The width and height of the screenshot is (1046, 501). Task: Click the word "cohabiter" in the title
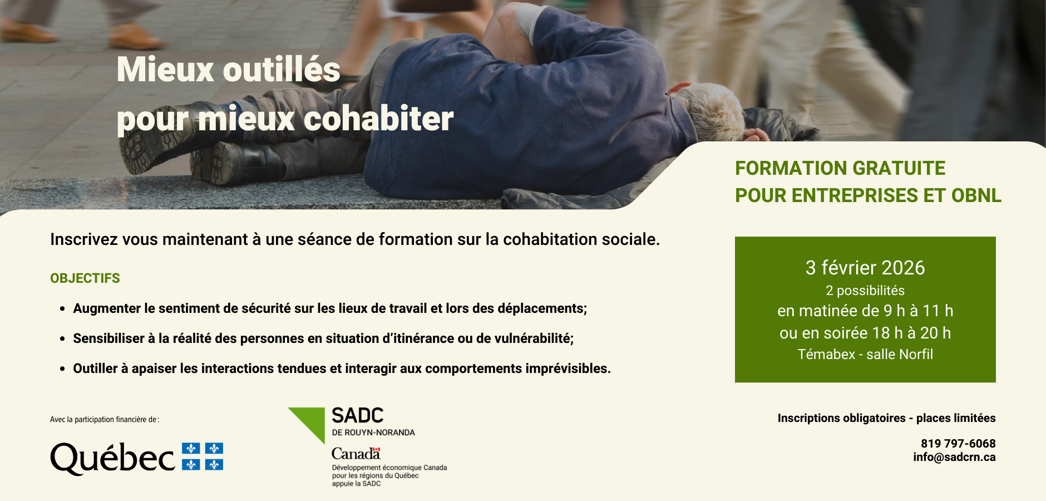pos(378,119)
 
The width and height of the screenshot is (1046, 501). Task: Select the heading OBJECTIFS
pos(85,278)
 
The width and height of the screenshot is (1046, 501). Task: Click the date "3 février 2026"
pos(865,268)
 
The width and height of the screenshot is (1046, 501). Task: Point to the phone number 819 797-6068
pos(958,444)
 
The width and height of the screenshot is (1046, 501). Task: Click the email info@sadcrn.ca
pos(954,457)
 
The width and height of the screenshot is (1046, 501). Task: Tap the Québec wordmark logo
pos(113,458)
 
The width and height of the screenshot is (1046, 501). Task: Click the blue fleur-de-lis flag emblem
pos(203,456)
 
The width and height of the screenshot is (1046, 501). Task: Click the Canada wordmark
pos(356,454)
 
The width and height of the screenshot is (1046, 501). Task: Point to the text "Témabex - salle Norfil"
pos(865,355)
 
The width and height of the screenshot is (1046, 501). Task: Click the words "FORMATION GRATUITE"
pos(840,168)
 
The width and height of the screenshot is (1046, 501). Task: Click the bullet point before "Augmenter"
pos(63,309)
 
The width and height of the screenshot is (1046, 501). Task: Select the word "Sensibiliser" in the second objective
pos(108,338)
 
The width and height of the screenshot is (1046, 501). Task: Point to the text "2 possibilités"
pos(865,291)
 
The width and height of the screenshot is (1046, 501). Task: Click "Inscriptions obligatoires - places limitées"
pos(886,418)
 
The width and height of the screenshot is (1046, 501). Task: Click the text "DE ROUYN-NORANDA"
pos(373,433)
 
